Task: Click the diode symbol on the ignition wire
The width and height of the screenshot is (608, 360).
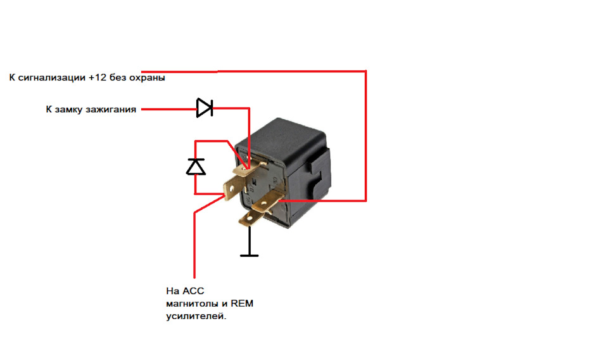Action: click(205, 108)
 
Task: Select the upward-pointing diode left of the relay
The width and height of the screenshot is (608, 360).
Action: click(196, 167)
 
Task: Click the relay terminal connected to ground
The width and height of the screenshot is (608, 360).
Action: click(252, 219)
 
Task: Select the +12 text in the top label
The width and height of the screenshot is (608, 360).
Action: click(98, 77)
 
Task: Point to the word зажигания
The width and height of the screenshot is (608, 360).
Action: click(111, 110)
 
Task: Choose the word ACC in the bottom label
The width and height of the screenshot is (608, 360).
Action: click(193, 291)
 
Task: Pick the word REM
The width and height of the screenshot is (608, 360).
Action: click(242, 304)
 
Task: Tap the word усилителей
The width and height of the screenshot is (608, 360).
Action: click(196, 316)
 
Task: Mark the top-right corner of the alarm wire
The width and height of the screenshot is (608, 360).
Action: click(365, 72)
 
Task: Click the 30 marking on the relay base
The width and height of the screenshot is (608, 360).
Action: click(275, 180)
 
